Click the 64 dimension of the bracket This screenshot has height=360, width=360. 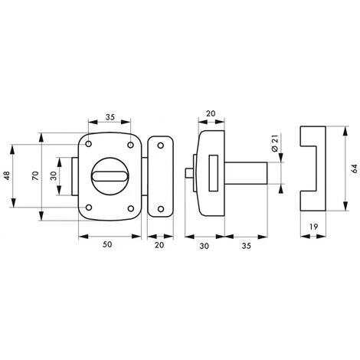355,169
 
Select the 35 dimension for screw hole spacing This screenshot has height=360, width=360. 109,118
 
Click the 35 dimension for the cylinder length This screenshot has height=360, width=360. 244,247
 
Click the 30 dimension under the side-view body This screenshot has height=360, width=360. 202,247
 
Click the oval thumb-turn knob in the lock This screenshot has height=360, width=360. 110,177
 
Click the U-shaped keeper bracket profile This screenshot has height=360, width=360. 315,169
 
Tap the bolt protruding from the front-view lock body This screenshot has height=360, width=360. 75,176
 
